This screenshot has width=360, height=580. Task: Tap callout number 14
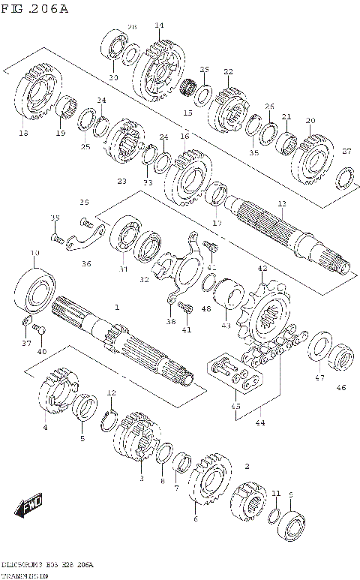coord(158,26)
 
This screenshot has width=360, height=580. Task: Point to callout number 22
coord(228,72)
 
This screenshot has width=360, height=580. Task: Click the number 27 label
coord(346,151)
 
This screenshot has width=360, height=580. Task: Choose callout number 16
coord(184,137)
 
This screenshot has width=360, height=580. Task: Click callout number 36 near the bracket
coord(86,263)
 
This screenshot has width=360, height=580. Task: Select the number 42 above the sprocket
coord(262,268)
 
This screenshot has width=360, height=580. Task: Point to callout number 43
coord(226,325)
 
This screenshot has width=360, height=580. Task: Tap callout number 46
coord(341,388)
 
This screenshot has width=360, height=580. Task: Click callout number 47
coord(319,378)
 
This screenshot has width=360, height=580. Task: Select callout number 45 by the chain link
coord(236,407)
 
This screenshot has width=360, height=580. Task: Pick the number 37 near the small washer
coord(26,344)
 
